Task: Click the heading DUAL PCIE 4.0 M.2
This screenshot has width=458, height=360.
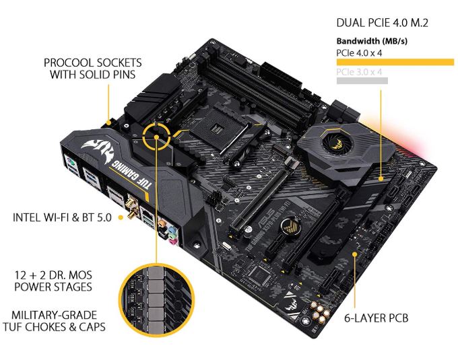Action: click(x=383, y=23)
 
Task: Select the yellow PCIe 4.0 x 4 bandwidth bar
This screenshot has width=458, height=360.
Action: click(x=394, y=62)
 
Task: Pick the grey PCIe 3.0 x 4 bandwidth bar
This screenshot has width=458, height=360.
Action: click(x=362, y=81)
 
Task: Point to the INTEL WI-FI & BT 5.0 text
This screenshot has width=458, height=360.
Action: click(x=65, y=217)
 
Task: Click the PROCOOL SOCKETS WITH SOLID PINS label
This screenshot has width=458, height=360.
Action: click(x=90, y=68)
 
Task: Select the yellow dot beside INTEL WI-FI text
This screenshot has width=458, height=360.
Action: click(x=121, y=217)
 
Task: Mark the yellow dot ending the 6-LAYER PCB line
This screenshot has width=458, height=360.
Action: click(x=356, y=254)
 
